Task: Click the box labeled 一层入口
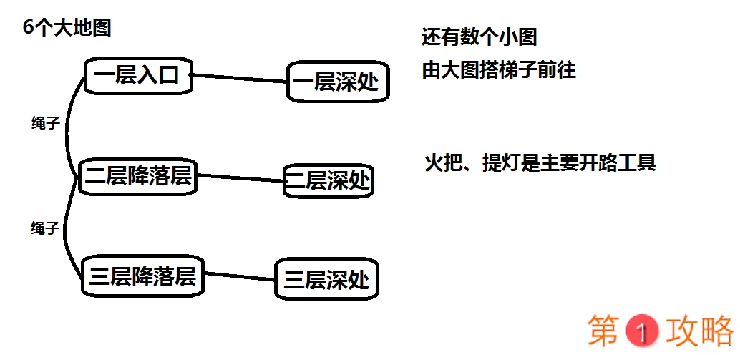pyautogui.click(x=139, y=76)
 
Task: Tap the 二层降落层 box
pyautogui.click(x=138, y=176)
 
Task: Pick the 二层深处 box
pyautogui.click(x=329, y=181)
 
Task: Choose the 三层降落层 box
pyautogui.click(x=143, y=276)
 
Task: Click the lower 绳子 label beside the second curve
pyautogui.click(x=44, y=228)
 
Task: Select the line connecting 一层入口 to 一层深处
pyautogui.click(x=240, y=78)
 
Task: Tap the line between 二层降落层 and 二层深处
pyautogui.click(x=240, y=177)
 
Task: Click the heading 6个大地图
pyautogui.click(x=67, y=29)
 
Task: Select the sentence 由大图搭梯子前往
pyautogui.click(x=499, y=71)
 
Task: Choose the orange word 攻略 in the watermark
pyautogui.click(x=699, y=331)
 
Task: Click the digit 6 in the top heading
pyautogui.click(x=28, y=29)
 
